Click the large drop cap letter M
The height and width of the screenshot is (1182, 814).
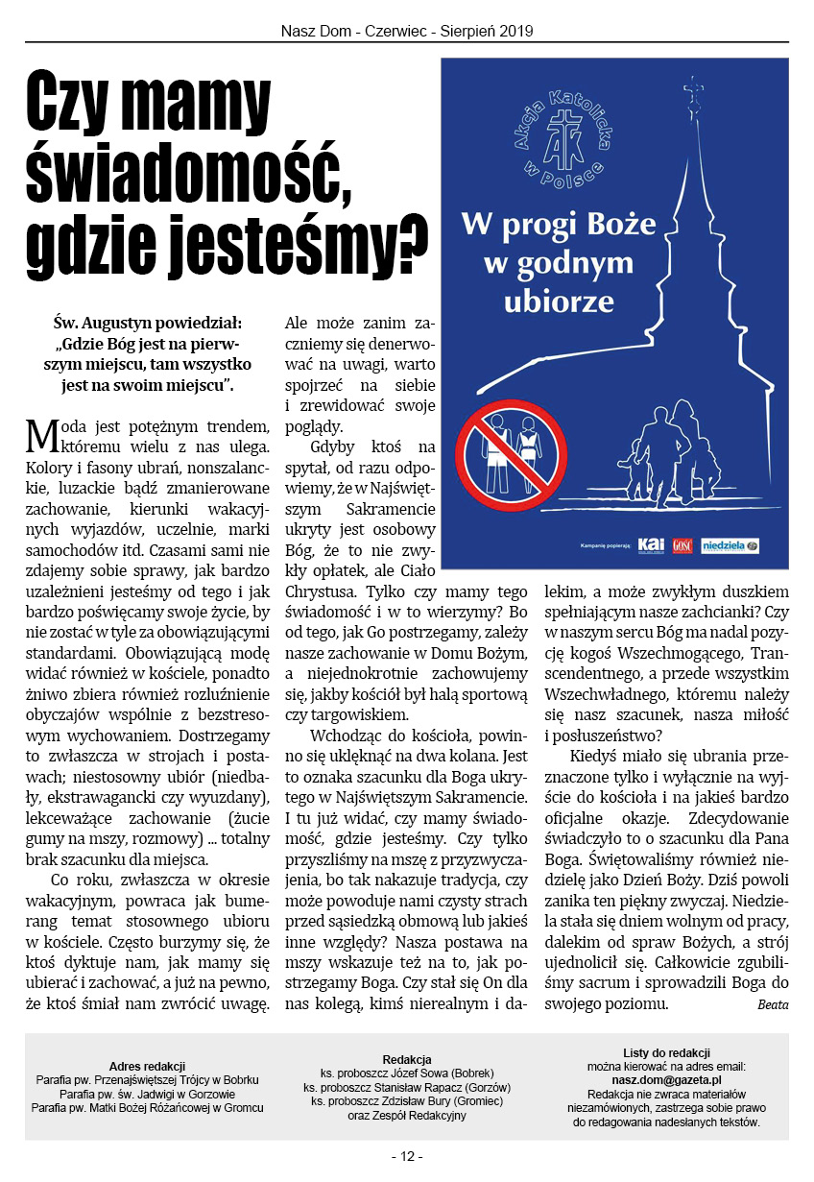point(43,436)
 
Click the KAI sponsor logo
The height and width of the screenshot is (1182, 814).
point(651,545)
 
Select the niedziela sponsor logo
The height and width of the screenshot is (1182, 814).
point(730,545)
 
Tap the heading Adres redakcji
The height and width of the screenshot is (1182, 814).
point(147,1067)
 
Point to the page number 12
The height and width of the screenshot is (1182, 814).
point(407,1156)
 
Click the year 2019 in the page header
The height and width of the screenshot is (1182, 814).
point(515,31)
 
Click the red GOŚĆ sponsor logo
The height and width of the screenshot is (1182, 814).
point(682,545)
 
